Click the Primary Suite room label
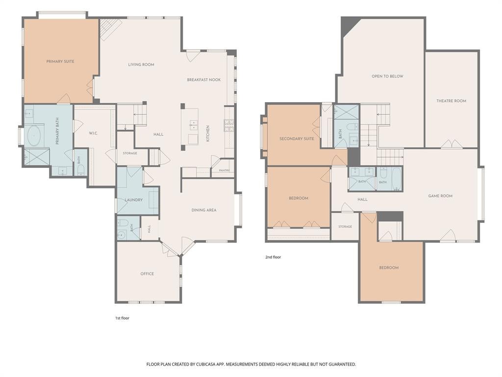click(x=60, y=61)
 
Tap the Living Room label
click(x=141, y=64)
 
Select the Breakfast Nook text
click(x=204, y=80)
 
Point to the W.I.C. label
click(x=93, y=133)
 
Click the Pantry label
click(x=225, y=170)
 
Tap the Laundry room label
click(x=133, y=200)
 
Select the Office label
click(x=147, y=274)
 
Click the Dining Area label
click(x=204, y=210)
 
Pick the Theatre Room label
click(x=452, y=101)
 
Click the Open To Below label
click(x=387, y=76)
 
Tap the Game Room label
click(x=441, y=196)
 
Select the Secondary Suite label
click(x=297, y=139)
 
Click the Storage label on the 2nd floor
click(x=345, y=227)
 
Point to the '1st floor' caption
click(x=122, y=318)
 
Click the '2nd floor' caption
click(x=273, y=257)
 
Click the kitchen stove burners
click(x=228, y=125)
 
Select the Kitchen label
click(x=208, y=134)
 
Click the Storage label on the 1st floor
click(x=130, y=153)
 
